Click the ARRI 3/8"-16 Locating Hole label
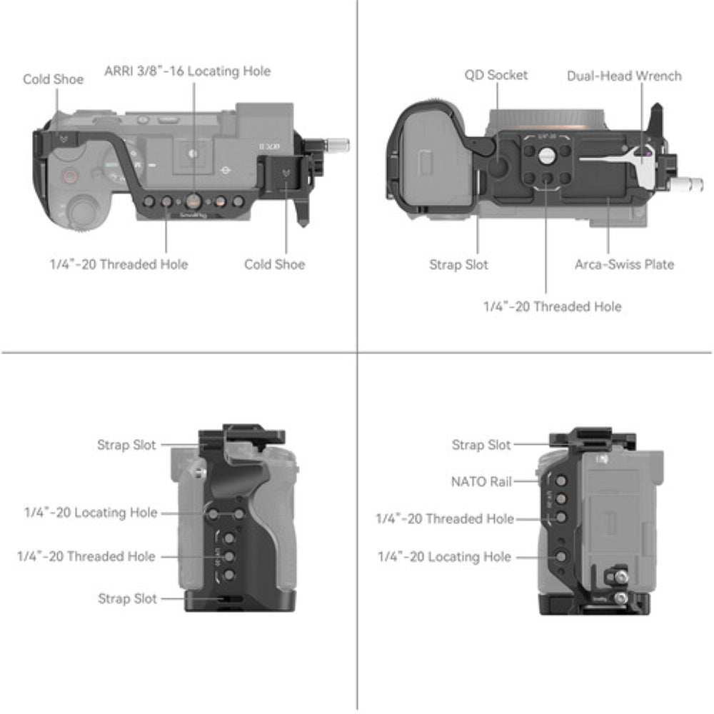(x=188, y=71)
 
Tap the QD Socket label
(x=496, y=75)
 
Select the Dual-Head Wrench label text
(x=624, y=76)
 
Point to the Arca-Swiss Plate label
(x=624, y=264)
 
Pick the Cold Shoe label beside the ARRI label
(x=53, y=79)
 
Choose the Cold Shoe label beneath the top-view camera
(x=274, y=264)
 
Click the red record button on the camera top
(x=70, y=176)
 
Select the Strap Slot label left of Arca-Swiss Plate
(x=458, y=264)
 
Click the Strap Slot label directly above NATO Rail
(x=481, y=445)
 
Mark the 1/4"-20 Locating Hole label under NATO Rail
(x=444, y=556)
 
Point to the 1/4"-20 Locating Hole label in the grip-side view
(x=91, y=513)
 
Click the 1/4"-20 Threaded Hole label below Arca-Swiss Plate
(x=552, y=306)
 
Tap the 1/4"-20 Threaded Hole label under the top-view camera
(x=119, y=264)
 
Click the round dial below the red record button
(x=83, y=212)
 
